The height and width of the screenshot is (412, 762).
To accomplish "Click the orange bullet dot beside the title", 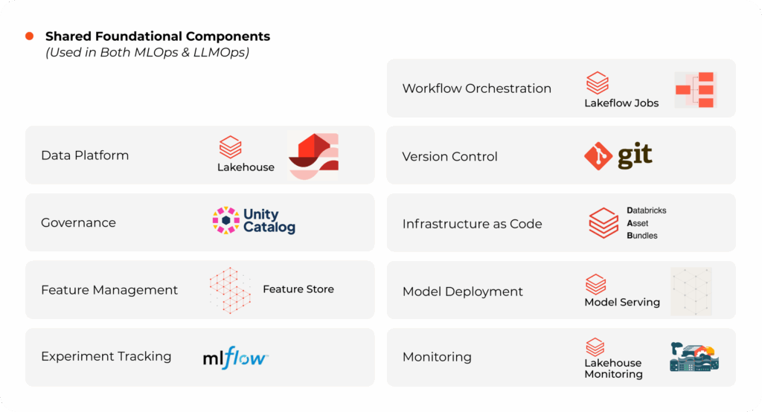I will (29, 36).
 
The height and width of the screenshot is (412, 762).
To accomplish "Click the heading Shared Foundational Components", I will (157, 36).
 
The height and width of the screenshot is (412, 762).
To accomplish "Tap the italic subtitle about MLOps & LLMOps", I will (147, 52).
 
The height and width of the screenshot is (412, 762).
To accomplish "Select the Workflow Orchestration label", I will (476, 88).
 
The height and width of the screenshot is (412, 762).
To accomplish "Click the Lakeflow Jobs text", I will (621, 103).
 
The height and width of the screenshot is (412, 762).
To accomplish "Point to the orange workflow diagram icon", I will (695, 89).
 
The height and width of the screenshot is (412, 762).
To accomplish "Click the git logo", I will (618, 155).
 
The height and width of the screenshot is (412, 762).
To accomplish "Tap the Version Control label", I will (449, 156).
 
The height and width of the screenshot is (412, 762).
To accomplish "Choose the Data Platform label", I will (85, 155).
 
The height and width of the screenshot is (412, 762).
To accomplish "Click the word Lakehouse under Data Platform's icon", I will (246, 167).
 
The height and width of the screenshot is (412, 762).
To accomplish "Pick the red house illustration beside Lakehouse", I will (313, 155).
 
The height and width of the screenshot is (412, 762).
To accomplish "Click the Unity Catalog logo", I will (254, 221).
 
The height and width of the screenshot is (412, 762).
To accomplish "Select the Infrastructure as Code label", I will (472, 223).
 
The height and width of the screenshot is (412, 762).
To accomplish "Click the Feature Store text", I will (298, 289).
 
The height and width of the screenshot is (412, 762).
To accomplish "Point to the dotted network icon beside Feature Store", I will (230, 289).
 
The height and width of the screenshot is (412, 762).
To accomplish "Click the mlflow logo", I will (235, 357).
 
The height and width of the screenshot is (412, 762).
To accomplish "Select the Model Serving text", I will (622, 302).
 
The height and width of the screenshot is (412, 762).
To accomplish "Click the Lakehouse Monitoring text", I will (612, 368).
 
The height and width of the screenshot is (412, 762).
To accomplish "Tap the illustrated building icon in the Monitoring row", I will (694, 357).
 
